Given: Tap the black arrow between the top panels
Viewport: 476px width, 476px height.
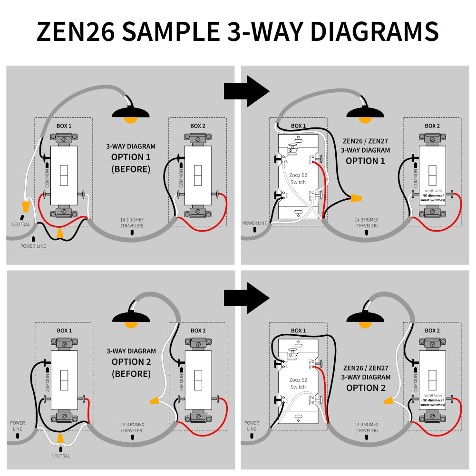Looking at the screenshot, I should coord(246,91).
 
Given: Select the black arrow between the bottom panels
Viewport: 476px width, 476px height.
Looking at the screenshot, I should coord(246,298).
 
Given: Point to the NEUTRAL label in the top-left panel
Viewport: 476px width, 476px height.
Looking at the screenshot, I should coord(20,224).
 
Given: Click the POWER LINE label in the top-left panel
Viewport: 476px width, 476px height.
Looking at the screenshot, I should coord(33,246).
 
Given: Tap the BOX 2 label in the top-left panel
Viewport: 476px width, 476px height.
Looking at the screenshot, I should coord(198,126).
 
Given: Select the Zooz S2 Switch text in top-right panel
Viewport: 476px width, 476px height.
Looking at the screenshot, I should coord(298,179).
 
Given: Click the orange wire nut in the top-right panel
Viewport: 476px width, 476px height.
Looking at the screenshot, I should coord(356,198).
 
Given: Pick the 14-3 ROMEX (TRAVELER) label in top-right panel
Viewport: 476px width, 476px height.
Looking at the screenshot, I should coord(366,223).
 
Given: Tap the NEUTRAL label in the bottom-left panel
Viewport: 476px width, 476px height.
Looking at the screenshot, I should coord(60,456).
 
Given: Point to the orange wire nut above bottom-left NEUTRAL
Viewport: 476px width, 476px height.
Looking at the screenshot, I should coord(60,438).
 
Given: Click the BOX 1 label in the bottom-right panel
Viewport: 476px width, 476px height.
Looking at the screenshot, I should coord(299,330).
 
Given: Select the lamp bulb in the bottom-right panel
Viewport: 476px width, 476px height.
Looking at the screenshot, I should coord(365,325).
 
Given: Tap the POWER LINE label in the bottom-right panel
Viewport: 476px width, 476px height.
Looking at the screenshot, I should coord(252,426).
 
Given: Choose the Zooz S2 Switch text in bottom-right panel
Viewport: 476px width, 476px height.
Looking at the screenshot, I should coord(298,384).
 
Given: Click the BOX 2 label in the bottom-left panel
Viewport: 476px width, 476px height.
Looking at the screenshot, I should coord(198,330).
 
